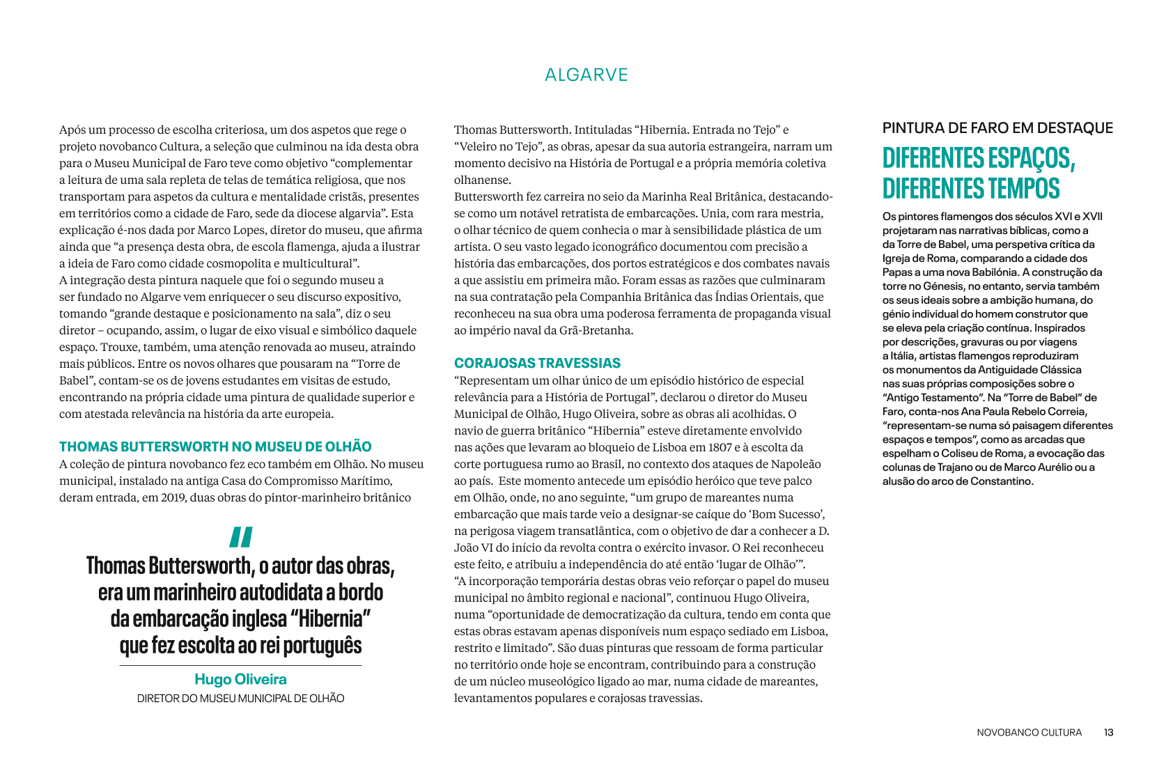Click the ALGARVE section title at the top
click(x=586, y=75)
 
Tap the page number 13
click(x=1108, y=733)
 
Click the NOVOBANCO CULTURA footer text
click(x=1029, y=733)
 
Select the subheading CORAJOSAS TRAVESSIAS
click(x=537, y=363)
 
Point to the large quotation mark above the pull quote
click(x=240, y=537)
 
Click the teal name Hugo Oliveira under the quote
click(x=240, y=679)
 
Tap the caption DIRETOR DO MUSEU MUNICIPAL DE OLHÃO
click(x=240, y=699)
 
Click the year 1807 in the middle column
click(x=720, y=447)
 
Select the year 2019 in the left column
click(x=169, y=497)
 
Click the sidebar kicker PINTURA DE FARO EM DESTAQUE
click(x=997, y=128)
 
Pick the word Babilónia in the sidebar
click(x=990, y=272)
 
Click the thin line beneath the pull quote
click(x=240, y=666)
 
